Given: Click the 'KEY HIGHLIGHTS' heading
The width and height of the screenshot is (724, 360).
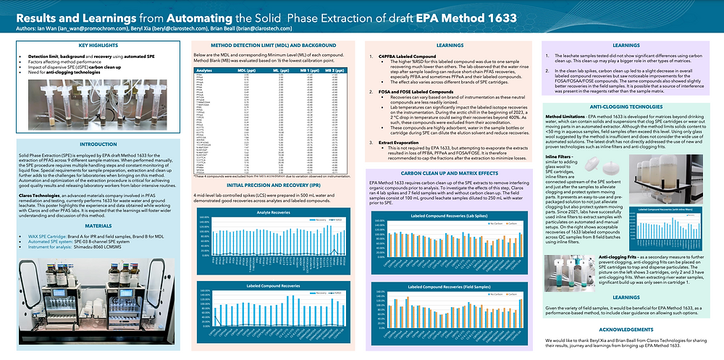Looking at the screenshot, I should pos(92,45).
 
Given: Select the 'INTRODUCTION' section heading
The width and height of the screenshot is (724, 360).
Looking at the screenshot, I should pos(92,145).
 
